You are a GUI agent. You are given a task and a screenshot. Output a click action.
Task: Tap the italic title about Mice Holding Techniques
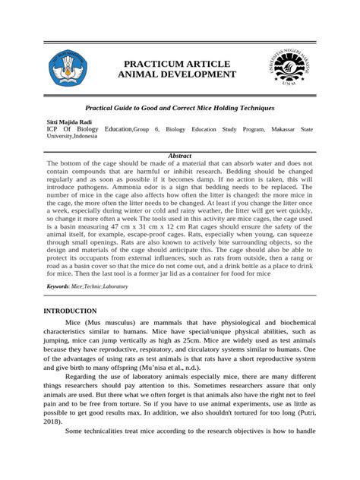tap(178, 109)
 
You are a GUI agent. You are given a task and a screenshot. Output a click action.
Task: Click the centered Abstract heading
tap(178, 156)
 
